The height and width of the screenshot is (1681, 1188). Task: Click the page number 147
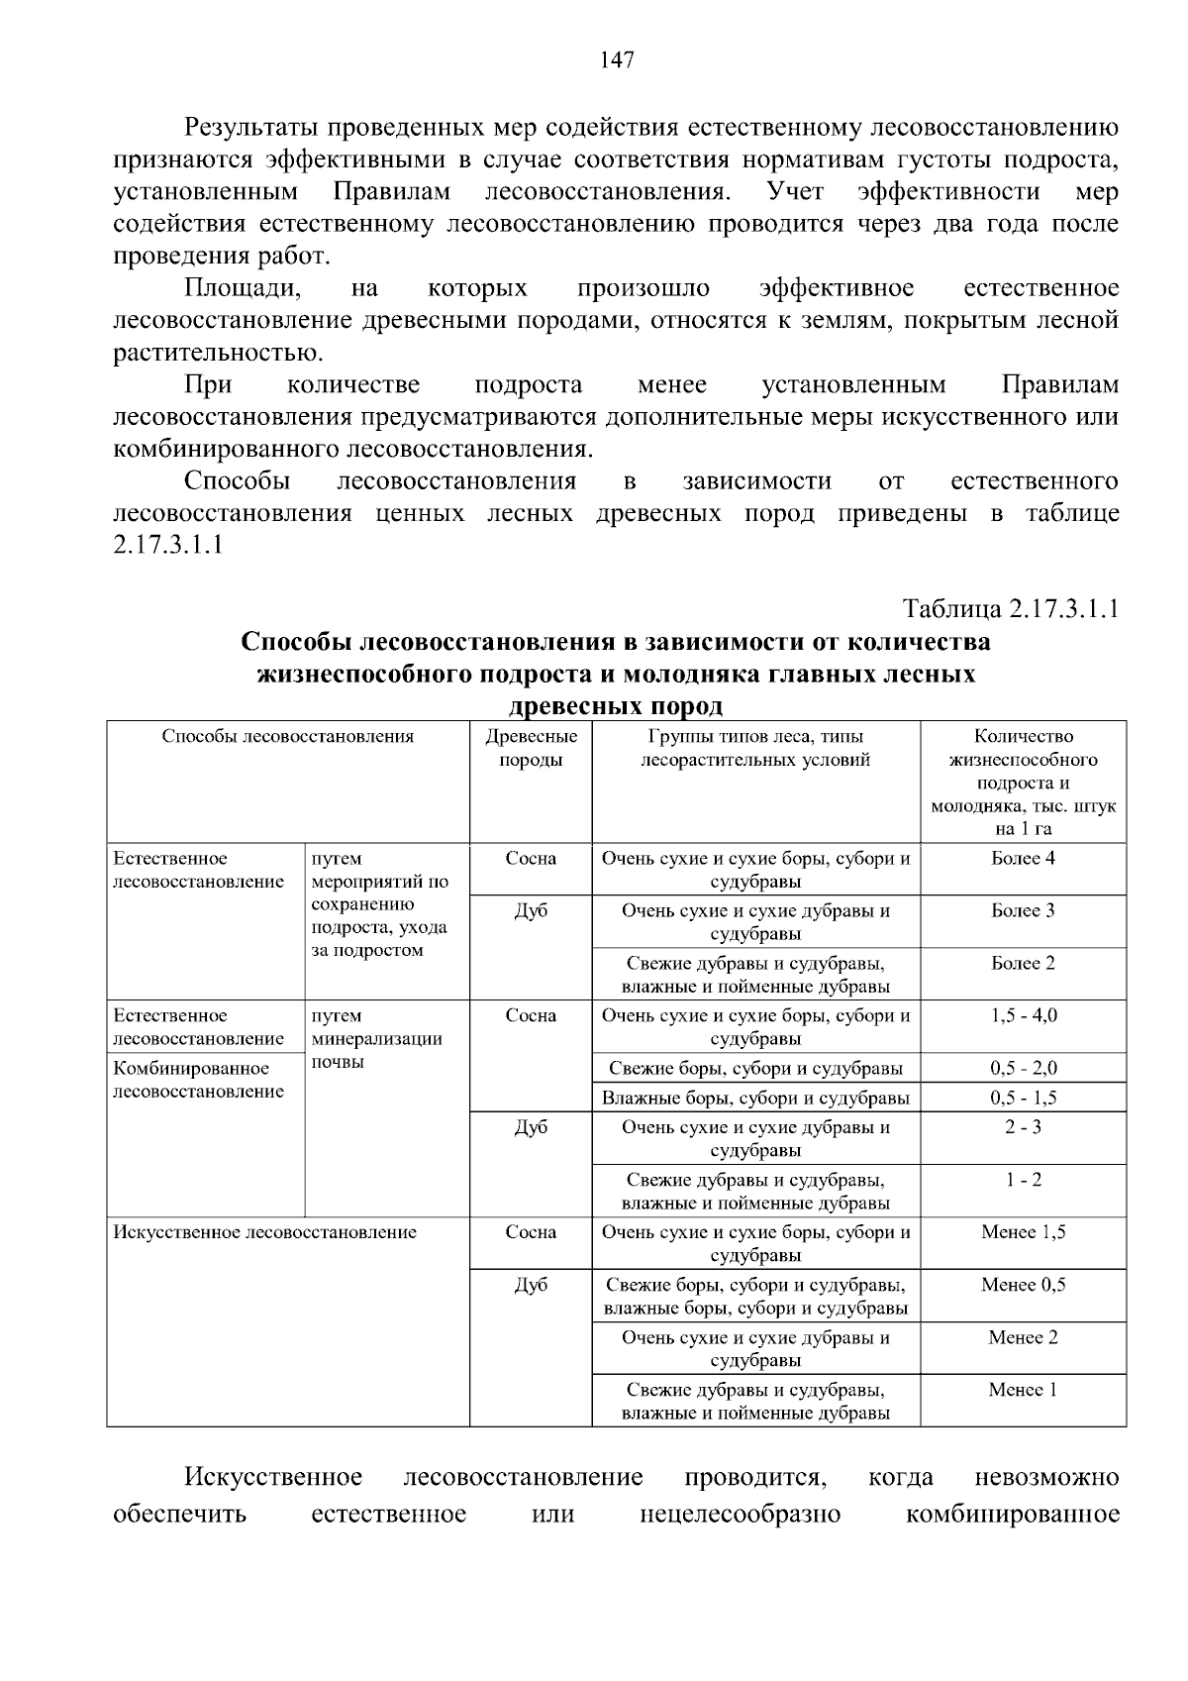pos(617,60)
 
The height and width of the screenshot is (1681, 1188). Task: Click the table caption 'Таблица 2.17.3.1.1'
pos(1010,608)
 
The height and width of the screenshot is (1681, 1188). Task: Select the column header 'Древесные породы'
pos(531,748)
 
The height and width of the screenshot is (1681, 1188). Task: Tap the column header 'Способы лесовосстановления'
pos(288,736)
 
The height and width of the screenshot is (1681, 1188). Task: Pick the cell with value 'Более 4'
pos(1023,858)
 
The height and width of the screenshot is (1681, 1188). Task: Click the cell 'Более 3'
pos(1023,910)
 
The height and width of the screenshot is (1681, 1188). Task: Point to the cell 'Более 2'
pos(1023,963)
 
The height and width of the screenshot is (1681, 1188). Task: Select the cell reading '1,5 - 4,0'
pos(1023,1015)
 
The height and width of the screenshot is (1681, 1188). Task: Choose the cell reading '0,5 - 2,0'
pos(1023,1068)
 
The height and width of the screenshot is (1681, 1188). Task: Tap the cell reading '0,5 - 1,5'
pos(1023,1098)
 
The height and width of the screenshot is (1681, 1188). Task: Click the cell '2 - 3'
pos(1023,1127)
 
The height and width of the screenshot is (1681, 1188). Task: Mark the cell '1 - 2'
pos(1023,1180)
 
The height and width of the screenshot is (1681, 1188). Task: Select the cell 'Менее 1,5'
pos(1023,1232)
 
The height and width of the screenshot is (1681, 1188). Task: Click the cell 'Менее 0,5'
pos(1023,1285)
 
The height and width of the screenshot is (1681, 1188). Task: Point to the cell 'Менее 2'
pos(1023,1337)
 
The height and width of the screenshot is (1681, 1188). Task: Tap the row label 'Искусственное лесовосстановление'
pos(265,1232)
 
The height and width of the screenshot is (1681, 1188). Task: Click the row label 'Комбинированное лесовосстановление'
pos(198,1080)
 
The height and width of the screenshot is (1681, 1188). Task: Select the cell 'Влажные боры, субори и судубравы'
pos(755,1098)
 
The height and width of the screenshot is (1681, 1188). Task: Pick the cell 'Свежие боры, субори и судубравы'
pos(755,1068)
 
